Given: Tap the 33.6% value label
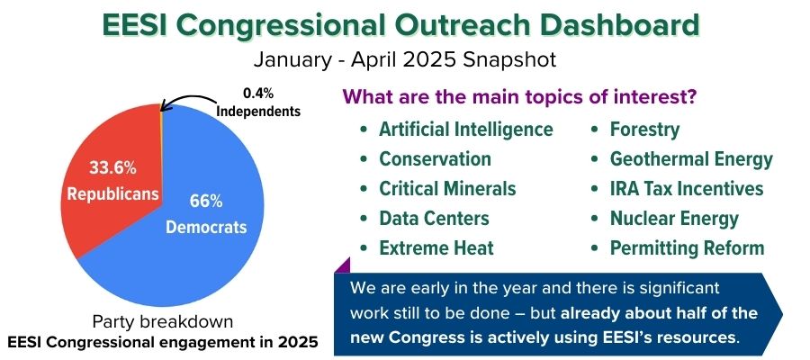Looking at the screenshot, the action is pyautogui.click(x=112, y=168).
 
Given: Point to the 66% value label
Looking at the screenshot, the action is pyautogui.click(x=206, y=201).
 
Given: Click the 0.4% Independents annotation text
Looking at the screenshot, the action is pyautogui.click(x=258, y=102).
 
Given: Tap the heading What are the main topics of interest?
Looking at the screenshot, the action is pyautogui.click(x=518, y=96).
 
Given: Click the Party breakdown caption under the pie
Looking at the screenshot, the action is pyautogui.click(x=163, y=322).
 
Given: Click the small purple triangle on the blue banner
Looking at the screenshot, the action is pyautogui.click(x=344, y=265).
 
